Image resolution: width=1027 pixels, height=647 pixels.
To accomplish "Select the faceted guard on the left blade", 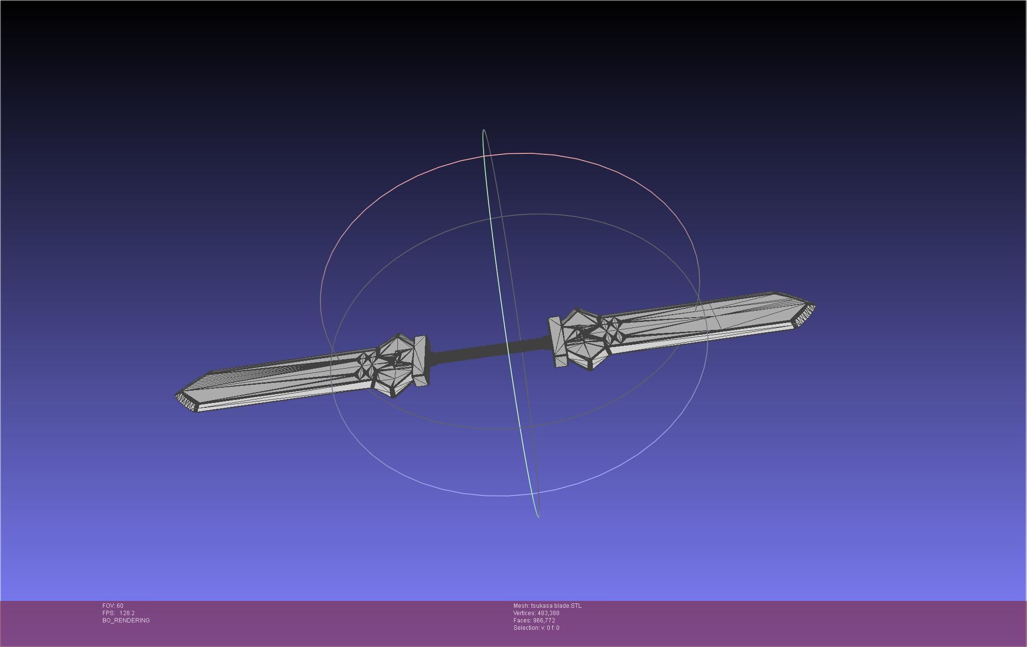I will [394, 365].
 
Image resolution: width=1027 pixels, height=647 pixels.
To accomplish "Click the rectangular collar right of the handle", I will [557, 342].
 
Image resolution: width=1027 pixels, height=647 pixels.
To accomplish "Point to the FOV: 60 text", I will [113, 606].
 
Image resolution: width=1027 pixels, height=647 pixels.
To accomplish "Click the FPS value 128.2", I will [127, 613].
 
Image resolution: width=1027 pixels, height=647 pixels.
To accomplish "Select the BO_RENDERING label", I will [126, 621].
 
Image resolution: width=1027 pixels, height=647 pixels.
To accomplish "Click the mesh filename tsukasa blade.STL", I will [556, 606].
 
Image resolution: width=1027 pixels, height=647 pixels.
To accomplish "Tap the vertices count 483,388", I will [548, 613].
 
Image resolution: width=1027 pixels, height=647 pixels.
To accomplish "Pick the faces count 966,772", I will [544, 621].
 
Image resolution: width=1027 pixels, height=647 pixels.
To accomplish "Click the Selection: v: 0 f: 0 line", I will [536, 628].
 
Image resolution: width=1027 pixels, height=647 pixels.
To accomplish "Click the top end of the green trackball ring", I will [484, 130].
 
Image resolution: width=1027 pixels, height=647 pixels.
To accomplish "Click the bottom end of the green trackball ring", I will [538, 516].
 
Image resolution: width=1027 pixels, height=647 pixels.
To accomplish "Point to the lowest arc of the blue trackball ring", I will [505, 496].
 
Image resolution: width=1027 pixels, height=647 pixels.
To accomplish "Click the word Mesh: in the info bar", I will [521, 606].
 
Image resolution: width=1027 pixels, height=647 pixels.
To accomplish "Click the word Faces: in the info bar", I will [522, 621].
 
